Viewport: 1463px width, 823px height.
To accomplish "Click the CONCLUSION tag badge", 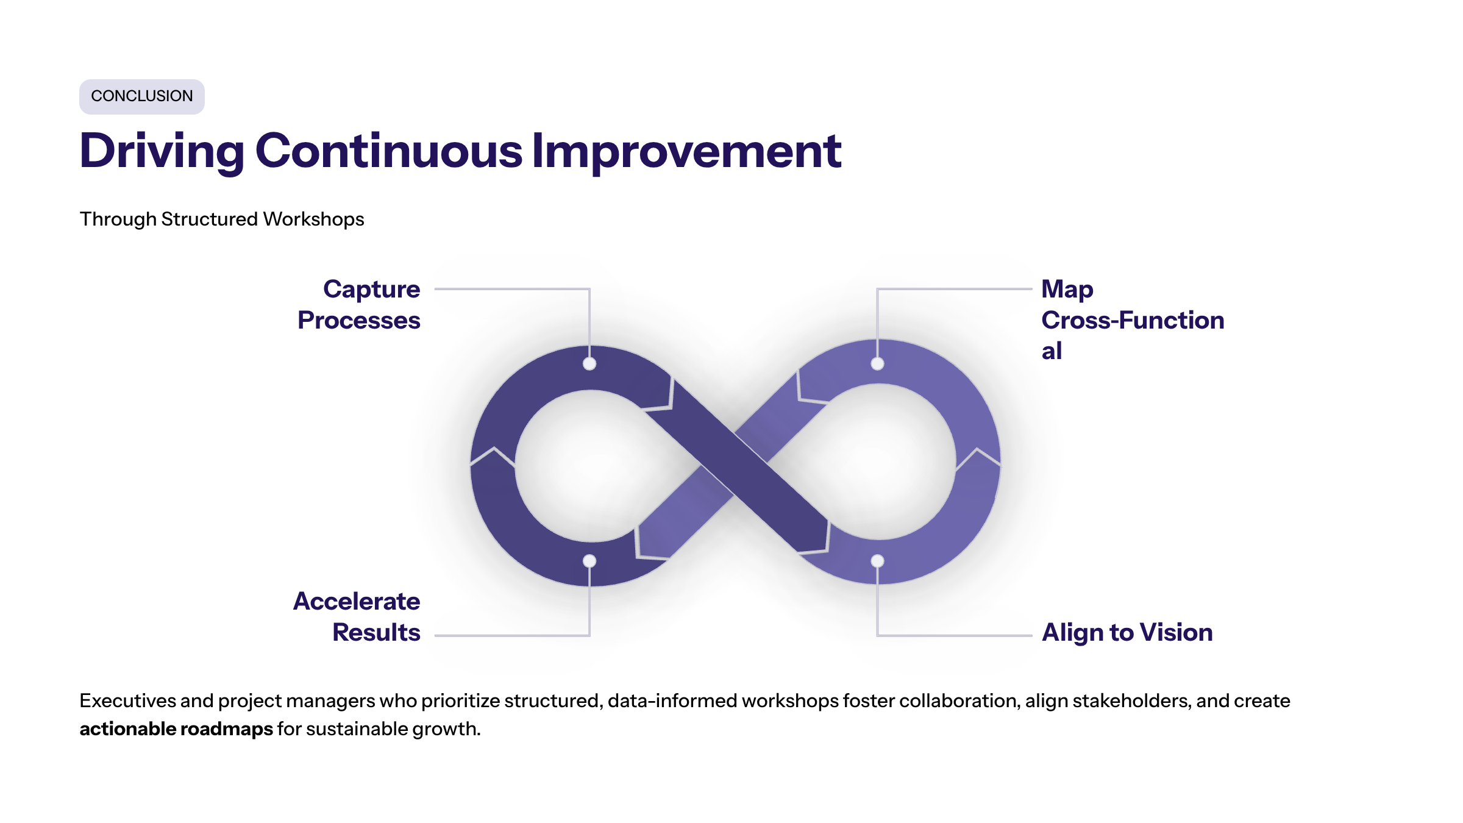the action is click(142, 96).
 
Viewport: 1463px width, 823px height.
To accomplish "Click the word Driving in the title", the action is click(162, 151).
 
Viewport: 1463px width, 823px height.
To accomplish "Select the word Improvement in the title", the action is click(686, 151).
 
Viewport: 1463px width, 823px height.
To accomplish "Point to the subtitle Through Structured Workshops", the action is click(222, 219).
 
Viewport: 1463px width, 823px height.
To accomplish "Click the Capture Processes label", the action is click(360, 304).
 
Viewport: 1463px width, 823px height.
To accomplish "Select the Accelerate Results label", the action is click(357, 616).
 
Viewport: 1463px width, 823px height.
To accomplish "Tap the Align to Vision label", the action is click(1127, 633).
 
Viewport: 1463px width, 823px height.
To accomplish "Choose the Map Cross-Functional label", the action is click(1133, 319).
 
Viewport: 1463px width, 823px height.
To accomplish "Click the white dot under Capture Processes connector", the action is click(589, 364).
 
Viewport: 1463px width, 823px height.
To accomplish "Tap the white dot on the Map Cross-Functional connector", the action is click(877, 364).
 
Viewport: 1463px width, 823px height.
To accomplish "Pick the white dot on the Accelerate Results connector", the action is click(589, 561).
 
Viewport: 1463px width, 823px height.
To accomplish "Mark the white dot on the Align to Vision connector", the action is click(877, 561).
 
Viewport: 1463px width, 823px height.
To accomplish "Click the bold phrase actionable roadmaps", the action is click(176, 729).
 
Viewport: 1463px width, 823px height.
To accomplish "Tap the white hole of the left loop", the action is click(591, 466).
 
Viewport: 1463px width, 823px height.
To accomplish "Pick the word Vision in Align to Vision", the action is click(1176, 632).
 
